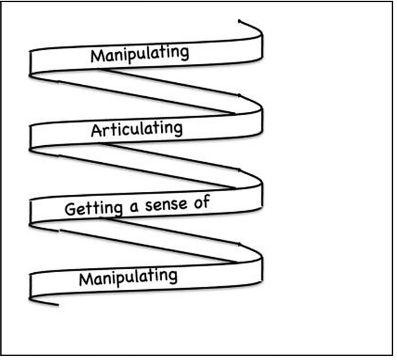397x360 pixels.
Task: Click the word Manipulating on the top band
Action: tap(139, 54)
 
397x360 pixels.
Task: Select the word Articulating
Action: tap(136, 129)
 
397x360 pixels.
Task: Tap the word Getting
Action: tap(90, 209)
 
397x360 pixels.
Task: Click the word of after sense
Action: tap(202, 201)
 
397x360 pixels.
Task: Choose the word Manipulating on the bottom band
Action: tap(128, 278)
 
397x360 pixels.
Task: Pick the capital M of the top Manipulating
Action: tap(96, 56)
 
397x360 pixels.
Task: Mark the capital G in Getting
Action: tap(70, 211)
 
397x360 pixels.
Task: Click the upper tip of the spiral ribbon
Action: tap(240, 22)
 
